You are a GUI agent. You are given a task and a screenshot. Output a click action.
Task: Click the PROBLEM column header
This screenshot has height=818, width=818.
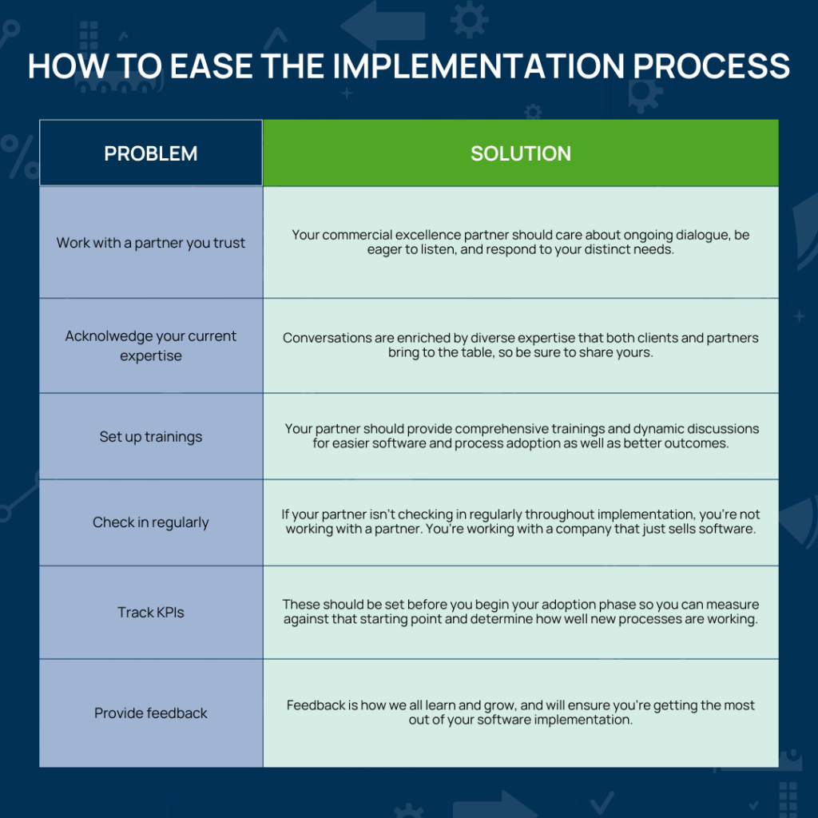151,153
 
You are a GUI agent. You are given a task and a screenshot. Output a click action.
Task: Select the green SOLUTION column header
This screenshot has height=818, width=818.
521,153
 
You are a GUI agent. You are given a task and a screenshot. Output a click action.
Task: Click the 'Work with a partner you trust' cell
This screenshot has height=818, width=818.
151,243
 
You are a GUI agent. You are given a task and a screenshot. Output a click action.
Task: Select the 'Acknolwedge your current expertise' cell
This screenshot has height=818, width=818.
151,346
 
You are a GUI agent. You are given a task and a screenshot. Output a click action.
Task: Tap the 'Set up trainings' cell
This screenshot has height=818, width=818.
151,437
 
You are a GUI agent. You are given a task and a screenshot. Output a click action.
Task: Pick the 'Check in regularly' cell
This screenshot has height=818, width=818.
151,522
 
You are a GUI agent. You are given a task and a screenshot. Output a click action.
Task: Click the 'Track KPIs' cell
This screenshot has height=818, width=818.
151,613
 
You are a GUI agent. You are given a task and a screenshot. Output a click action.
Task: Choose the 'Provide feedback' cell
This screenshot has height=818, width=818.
151,713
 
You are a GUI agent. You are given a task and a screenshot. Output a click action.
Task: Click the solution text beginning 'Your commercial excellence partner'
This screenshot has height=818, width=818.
521,243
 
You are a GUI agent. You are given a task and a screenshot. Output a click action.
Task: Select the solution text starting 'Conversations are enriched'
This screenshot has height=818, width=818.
521,345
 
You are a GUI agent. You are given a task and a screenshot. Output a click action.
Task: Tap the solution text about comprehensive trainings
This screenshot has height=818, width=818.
521,436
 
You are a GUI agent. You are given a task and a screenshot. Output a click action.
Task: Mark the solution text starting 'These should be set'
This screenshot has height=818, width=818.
521,612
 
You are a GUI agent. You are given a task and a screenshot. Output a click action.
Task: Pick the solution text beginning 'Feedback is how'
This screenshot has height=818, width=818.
521,713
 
